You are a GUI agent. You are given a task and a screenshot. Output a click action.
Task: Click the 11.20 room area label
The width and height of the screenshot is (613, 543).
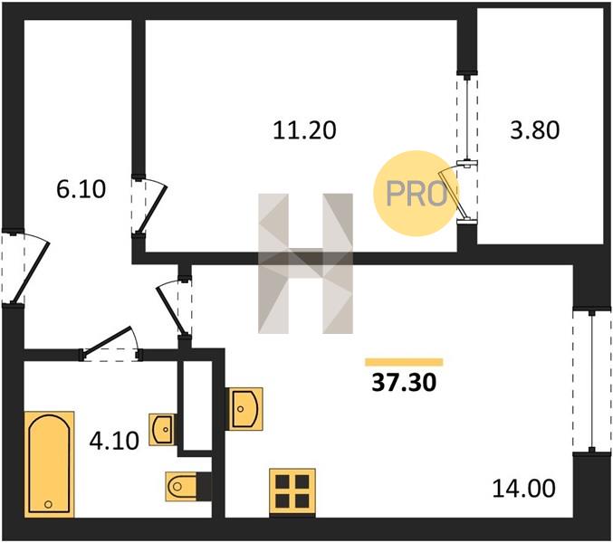pos(304,130)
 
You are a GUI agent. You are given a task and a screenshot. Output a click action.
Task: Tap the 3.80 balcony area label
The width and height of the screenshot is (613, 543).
pos(535,130)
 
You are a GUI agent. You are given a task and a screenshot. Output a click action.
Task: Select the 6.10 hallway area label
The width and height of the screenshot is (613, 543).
pos(81,189)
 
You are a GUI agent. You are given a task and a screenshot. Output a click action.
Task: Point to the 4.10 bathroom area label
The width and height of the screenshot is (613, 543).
pos(114,441)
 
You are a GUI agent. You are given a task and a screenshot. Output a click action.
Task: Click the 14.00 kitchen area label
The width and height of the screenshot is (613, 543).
pos(523,489)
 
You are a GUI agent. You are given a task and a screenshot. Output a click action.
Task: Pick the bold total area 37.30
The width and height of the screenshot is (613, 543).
pos(404,383)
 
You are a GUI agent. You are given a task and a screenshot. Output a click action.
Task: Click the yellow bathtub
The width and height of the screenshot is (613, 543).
pos(49,464)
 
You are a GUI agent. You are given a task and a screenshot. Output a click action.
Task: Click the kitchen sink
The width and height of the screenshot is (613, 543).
pos(244,409)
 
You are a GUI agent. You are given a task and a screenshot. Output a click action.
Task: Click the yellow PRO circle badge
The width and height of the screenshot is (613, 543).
pos(416,194)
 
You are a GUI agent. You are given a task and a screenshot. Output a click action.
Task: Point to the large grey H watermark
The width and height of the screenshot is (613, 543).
pos(305,263)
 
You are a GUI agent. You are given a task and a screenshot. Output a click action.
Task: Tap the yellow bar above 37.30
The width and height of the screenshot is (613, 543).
pos(404,362)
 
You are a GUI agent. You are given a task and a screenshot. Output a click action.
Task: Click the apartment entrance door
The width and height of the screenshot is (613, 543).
pos(24,269)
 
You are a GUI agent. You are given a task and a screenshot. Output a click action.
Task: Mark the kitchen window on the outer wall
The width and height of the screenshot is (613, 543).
pos(592,381)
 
